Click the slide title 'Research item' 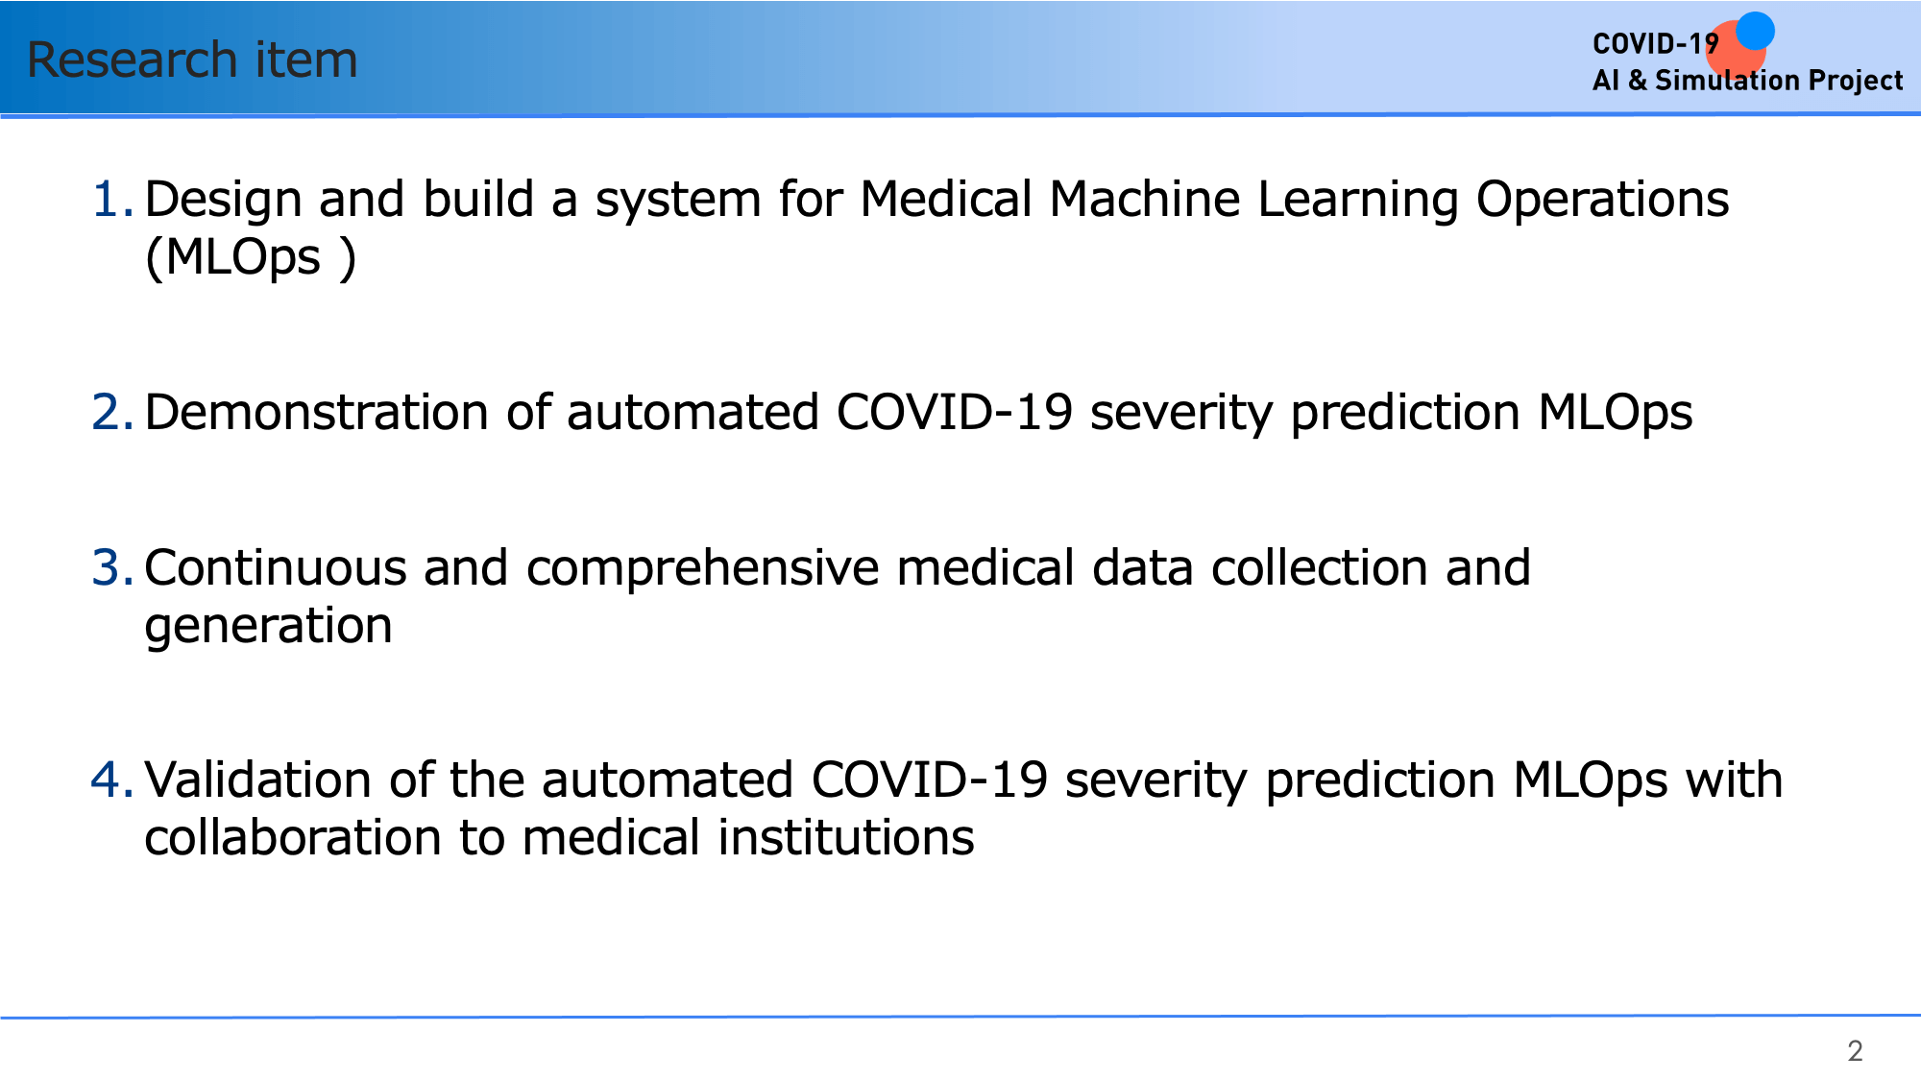pyautogui.click(x=192, y=60)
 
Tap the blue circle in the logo pyautogui.click(x=1755, y=31)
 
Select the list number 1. pyautogui.click(x=112, y=199)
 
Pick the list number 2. pyautogui.click(x=112, y=412)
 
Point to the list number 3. pyautogui.click(x=112, y=567)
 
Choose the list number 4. pyautogui.click(x=112, y=780)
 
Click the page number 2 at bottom pyautogui.click(x=1855, y=1051)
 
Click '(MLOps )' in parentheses pyautogui.click(x=251, y=258)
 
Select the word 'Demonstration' pyautogui.click(x=317, y=413)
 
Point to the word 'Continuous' pyautogui.click(x=275, y=567)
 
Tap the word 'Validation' pyautogui.click(x=257, y=780)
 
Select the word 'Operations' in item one pyautogui.click(x=1602, y=201)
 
